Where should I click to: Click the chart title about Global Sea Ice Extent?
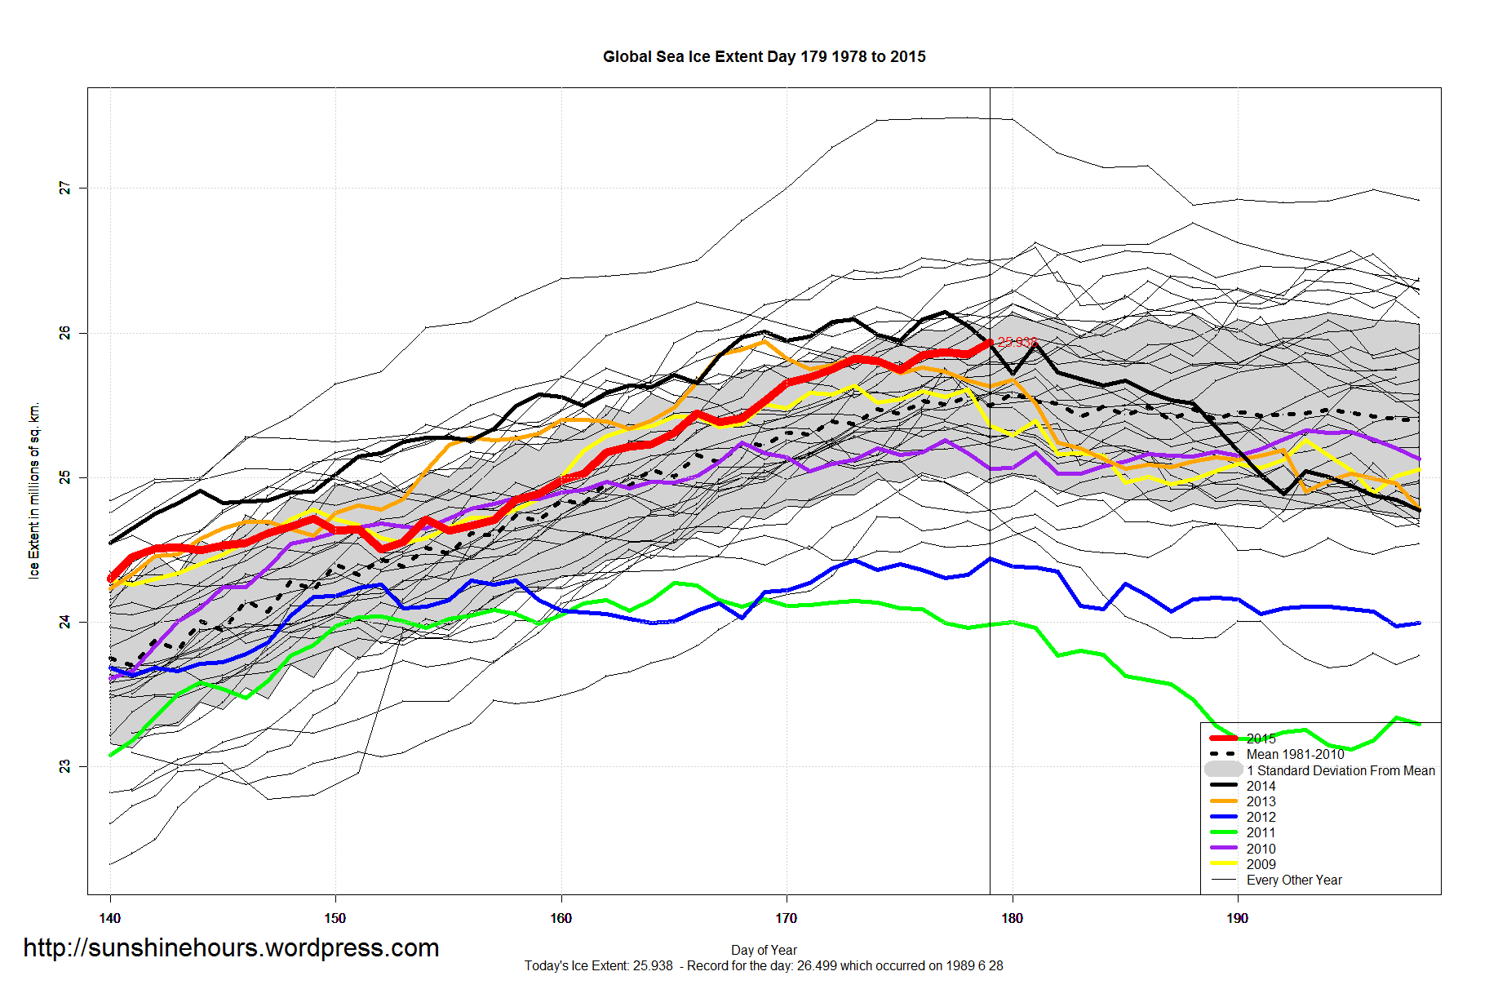click(764, 56)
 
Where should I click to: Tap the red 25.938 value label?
click(1017, 343)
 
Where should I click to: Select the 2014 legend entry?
click(1261, 786)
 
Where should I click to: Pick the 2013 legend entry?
click(1261, 801)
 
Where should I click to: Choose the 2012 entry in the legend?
click(1261, 817)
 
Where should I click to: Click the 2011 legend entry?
click(1261, 832)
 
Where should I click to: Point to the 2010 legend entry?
click(1261, 849)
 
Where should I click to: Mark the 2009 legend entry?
click(1261, 864)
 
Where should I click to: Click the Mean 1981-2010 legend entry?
click(1295, 754)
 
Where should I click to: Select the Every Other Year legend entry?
click(1294, 880)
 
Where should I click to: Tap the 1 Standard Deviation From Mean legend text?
click(1341, 770)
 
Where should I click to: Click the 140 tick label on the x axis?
click(109, 918)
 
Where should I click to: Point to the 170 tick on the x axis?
click(786, 918)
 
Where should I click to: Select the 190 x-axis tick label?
click(1237, 918)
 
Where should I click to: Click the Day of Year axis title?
click(764, 950)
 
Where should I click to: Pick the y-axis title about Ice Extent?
click(34, 490)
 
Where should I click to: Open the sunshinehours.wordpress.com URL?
click(231, 947)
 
